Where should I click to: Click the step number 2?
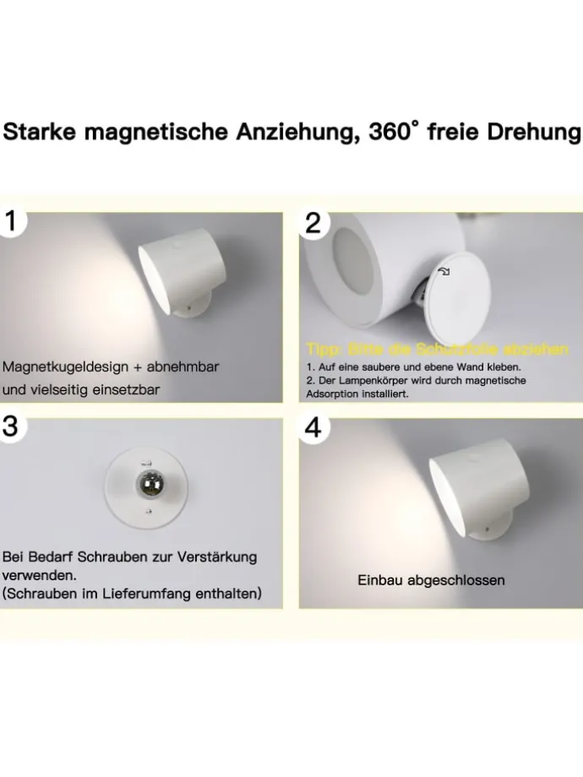(313, 223)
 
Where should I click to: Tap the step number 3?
(10, 427)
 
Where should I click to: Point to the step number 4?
(313, 427)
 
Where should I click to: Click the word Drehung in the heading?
(537, 132)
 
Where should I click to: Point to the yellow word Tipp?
(324, 350)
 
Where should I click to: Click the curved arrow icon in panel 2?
(444, 271)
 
